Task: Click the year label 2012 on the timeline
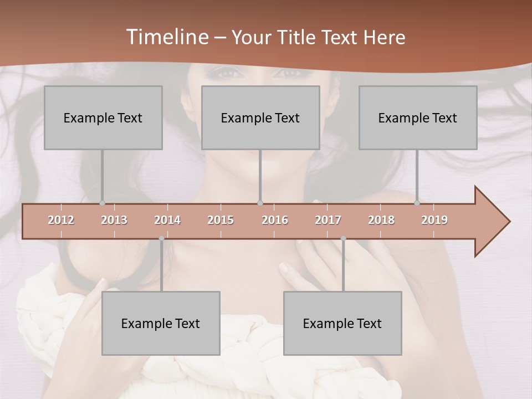coord(61,220)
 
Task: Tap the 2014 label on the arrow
coord(167,220)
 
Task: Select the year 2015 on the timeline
coord(221,220)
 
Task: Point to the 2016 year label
coord(275,220)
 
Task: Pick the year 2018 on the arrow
coord(381,220)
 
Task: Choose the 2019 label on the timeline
coord(434,220)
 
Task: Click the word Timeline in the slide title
coord(166,37)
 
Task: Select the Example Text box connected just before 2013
coord(103,117)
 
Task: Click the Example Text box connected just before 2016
coord(260,117)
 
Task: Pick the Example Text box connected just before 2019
coord(418,117)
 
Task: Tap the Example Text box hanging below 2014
coord(161,323)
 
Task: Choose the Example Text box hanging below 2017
coord(342,323)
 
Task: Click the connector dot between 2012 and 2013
coord(102,203)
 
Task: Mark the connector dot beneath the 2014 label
coord(161,238)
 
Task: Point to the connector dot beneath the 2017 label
coord(343,238)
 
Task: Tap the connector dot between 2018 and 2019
coord(417,203)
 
